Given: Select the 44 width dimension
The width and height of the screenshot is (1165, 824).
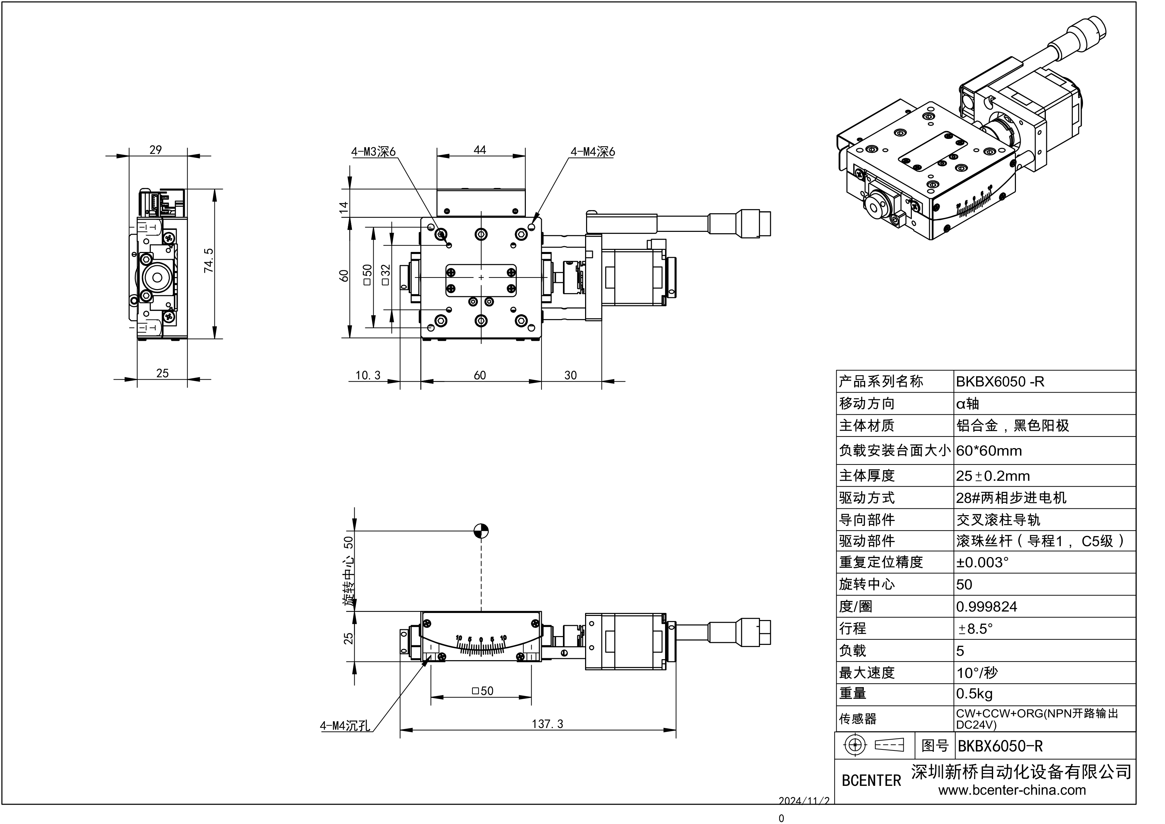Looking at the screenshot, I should pos(480,150).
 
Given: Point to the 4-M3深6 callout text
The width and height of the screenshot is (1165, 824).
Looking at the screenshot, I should pos(373,152).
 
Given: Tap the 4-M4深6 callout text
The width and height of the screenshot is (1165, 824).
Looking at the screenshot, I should pos(592,152).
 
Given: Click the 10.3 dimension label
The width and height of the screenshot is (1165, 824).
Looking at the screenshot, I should pos(368,375).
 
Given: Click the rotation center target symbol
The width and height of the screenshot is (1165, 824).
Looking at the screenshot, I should pos(481,531).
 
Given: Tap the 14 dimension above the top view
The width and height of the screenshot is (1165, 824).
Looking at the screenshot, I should pos(344,207).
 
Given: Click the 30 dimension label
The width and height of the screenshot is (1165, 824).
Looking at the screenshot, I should pos(570,375).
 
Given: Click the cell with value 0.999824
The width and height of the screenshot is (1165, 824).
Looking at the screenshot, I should pos(986,607).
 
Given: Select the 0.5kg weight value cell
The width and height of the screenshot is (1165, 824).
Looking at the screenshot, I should pos(974,694).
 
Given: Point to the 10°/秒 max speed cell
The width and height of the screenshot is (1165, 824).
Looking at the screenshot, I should pos(977,673).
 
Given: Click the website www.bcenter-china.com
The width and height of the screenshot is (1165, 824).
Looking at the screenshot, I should pos(1012,790).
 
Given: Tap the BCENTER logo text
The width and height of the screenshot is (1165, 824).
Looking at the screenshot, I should pos(871,780).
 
